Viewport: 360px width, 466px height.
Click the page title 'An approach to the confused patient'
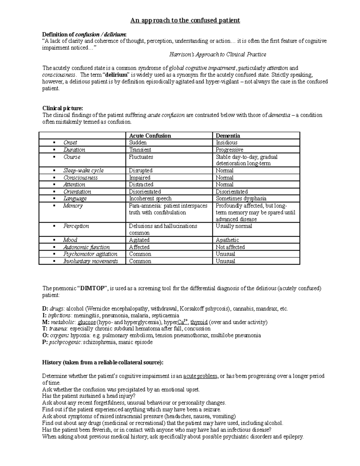tap(185, 20)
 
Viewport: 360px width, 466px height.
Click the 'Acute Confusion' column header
tap(150, 136)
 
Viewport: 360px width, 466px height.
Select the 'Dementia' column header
tap(228, 136)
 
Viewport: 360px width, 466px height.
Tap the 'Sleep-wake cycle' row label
tap(83, 170)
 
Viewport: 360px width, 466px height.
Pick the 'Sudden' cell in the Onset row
tap(138, 143)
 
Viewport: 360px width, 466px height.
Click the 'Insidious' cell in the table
tap(226, 143)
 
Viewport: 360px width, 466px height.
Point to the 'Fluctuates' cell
tap(141, 157)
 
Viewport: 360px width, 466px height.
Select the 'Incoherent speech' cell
tap(150, 198)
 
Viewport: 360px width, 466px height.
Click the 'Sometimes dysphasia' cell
tap(241, 198)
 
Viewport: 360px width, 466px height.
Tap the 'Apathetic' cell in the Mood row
tap(227, 240)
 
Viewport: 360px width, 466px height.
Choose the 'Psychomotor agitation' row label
tap(90, 254)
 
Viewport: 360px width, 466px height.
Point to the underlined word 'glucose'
tap(86, 322)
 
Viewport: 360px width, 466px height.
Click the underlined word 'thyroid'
tap(199, 322)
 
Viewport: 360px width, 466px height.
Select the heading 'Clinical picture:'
tap(62, 108)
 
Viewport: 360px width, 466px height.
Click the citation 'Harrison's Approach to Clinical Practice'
tap(217, 54)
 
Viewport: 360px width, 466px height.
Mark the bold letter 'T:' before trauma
tap(45, 329)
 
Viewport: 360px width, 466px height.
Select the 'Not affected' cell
tap(230, 247)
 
